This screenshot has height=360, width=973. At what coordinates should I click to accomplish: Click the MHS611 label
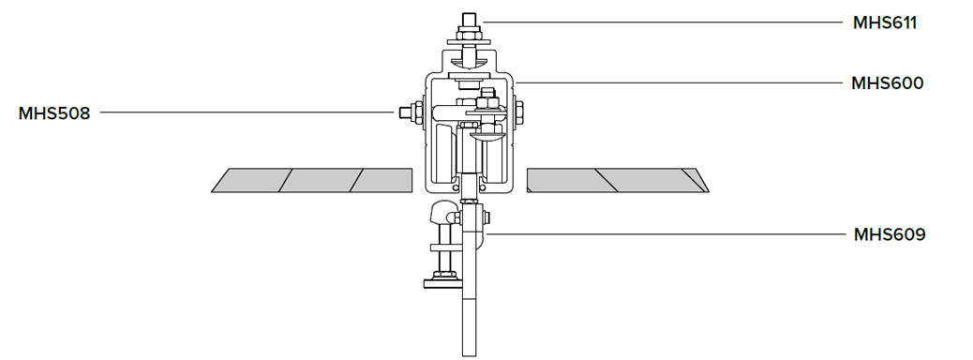click(x=884, y=22)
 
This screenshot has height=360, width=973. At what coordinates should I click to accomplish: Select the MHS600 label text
click(x=888, y=83)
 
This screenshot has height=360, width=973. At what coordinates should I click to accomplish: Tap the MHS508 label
click(x=54, y=113)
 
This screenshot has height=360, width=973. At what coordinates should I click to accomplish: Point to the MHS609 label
click(x=890, y=234)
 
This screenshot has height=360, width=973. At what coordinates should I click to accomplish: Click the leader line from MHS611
click(x=663, y=22)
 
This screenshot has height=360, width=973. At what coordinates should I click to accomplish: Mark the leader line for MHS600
click(x=679, y=82)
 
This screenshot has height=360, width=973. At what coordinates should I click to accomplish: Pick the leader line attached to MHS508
click(x=247, y=112)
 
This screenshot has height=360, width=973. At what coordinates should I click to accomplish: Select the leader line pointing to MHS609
click(x=665, y=234)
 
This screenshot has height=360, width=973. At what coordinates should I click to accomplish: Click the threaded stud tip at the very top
click(x=469, y=14)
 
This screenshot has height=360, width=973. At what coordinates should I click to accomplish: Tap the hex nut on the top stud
click(x=469, y=33)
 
